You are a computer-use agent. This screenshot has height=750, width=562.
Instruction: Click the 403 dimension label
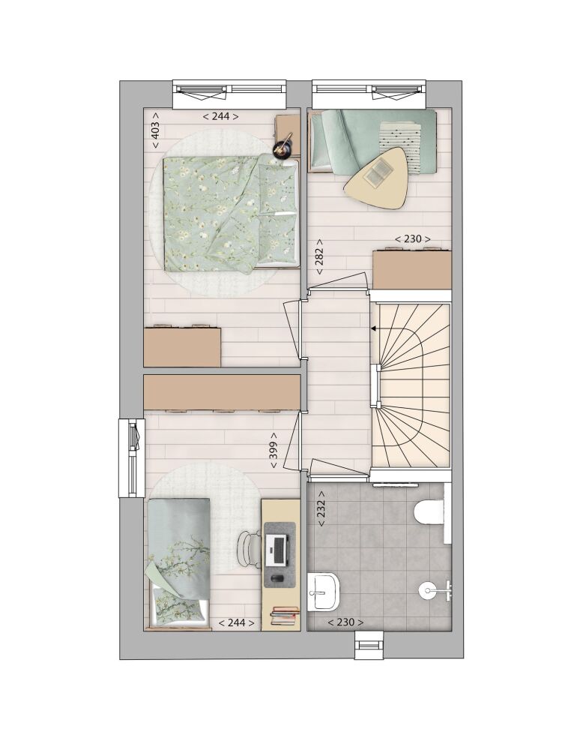[156, 130]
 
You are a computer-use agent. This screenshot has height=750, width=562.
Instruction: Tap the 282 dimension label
[319, 256]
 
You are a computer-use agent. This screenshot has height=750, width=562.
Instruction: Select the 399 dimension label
[274, 451]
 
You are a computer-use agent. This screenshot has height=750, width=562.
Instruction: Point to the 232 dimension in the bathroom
[321, 509]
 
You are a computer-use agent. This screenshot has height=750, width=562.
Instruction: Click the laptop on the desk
[277, 549]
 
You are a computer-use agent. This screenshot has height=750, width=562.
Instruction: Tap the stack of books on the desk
[285, 616]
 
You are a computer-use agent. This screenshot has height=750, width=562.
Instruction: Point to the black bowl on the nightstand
[282, 149]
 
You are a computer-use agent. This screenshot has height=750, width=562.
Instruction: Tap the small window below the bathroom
[369, 645]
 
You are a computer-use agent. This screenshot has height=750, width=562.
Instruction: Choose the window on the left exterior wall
[131, 458]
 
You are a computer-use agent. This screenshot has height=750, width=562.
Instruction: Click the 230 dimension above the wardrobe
[412, 238]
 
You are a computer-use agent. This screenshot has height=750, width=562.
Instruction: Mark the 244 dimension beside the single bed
[237, 622]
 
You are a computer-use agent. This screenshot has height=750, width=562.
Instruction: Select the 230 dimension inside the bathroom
[345, 622]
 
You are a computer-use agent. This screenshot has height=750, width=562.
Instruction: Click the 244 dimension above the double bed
[221, 116]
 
